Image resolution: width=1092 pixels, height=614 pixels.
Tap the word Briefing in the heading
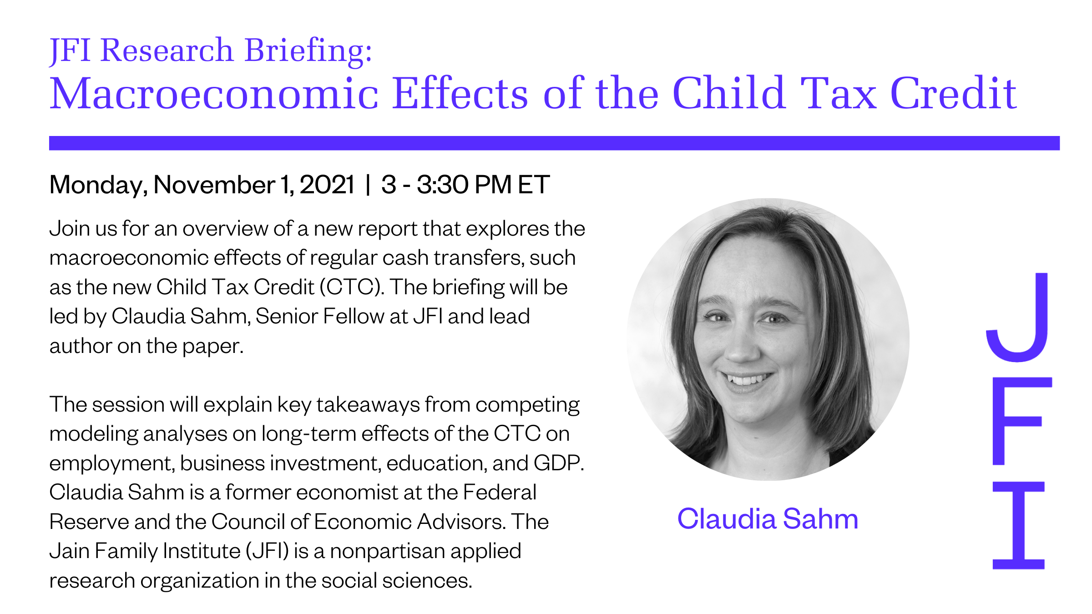[308, 51]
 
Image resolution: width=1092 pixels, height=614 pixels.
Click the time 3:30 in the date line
[442, 184]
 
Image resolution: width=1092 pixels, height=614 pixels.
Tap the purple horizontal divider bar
[554, 143]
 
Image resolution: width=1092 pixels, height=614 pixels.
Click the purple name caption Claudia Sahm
[768, 518]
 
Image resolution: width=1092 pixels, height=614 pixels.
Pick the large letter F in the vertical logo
[1022, 421]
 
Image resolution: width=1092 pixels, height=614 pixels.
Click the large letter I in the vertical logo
[1018, 525]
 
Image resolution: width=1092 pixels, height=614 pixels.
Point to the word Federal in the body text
[500, 492]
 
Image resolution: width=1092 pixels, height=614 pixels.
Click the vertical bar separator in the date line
[368, 185]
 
